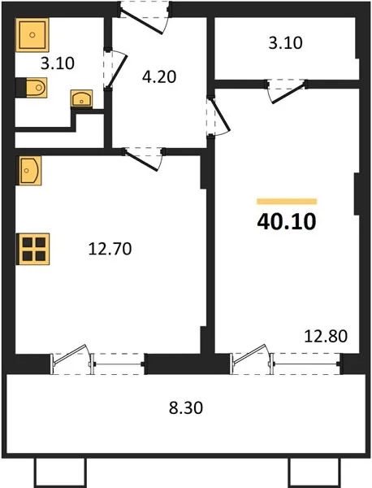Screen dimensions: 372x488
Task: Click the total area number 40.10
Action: click(287, 222)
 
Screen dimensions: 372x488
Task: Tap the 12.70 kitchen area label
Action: click(110, 249)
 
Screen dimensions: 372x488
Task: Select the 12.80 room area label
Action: click(326, 336)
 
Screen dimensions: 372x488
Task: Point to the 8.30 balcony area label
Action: click(186, 407)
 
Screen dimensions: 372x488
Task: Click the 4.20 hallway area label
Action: click(159, 76)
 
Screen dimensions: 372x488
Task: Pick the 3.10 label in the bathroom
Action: click(58, 63)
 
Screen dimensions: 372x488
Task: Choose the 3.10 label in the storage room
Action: click(285, 43)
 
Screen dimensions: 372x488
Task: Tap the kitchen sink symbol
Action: click(29, 171)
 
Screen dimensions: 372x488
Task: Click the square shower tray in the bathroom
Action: click(32, 35)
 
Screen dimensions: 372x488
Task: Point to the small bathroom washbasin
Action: click(82, 98)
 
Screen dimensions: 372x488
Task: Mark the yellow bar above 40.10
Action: click(287, 202)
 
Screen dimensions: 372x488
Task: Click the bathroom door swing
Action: click(117, 69)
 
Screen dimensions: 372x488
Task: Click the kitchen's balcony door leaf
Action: click(70, 355)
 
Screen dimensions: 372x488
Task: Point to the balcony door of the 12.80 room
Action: click(249, 354)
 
